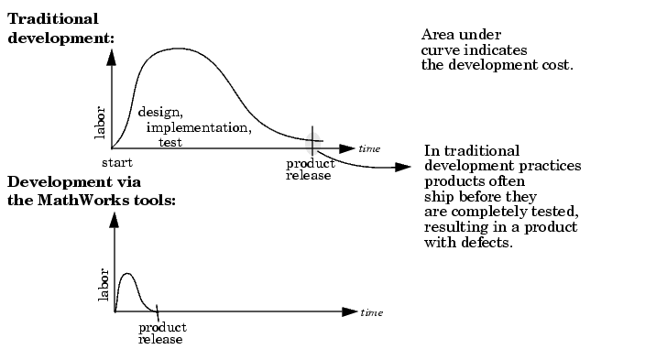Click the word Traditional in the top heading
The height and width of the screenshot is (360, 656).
point(53,19)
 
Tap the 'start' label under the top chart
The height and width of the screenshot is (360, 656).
point(117,162)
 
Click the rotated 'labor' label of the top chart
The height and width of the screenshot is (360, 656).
point(100,123)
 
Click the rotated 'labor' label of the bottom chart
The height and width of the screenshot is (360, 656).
point(103,285)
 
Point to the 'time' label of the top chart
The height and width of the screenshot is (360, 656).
point(369,148)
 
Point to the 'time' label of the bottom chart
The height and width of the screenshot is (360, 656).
point(371,312)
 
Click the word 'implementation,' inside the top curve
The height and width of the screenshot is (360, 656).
point(199,127)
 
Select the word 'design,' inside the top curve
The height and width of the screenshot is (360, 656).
point(160,112)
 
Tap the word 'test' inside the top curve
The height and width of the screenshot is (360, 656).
point(170,142)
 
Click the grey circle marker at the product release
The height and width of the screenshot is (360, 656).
point(313,142)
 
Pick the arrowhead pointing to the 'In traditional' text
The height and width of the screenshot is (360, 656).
point(403,168)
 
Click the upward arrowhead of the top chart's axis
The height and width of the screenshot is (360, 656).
point(111,57)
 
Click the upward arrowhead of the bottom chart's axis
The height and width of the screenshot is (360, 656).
point(114,220)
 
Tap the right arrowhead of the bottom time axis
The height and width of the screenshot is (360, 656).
point(350,312)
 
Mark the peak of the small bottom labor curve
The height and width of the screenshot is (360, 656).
point(127,274)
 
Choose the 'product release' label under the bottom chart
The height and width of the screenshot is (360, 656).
point(162,333)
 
